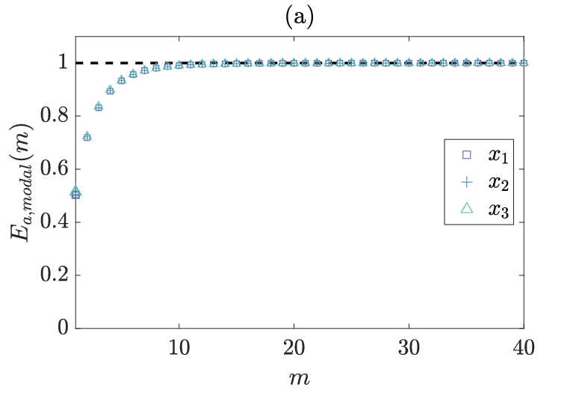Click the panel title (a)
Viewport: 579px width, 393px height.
click(x=299, y=18)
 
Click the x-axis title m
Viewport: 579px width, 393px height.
click(x=300, y=379)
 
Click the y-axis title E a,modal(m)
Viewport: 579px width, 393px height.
click(x=22, y=182)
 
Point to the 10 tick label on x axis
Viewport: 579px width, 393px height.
click(x=179, y=348)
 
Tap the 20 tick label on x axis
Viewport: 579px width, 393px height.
click(x=294, y=348)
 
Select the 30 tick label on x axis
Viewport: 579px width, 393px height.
click(x=409, y=348)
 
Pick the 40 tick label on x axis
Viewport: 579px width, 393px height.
click(x=524, y=348)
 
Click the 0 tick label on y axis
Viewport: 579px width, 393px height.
click(x=63, y=328)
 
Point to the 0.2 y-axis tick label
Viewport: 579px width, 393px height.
click(x=55, y=275)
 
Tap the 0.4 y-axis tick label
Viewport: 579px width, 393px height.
click(x=55, y=222)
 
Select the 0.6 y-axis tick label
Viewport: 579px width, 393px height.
click(x=55, y=168)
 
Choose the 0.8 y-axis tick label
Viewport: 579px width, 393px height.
click(x=55, y=115)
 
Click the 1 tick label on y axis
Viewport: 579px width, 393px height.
click(x=64, y=63)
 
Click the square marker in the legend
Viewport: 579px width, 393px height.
click(x=467, y=155)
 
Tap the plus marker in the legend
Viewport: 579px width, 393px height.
click(x=467, y=182)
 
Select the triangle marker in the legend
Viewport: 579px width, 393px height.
click(x=467, y=209)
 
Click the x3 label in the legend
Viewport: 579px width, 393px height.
click(x=498, y=210)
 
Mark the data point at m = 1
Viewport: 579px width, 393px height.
click(x=75, y=193)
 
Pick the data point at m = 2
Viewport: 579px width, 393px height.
click(x=87, y=136)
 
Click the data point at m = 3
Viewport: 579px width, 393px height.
click(x=99, y=106)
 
